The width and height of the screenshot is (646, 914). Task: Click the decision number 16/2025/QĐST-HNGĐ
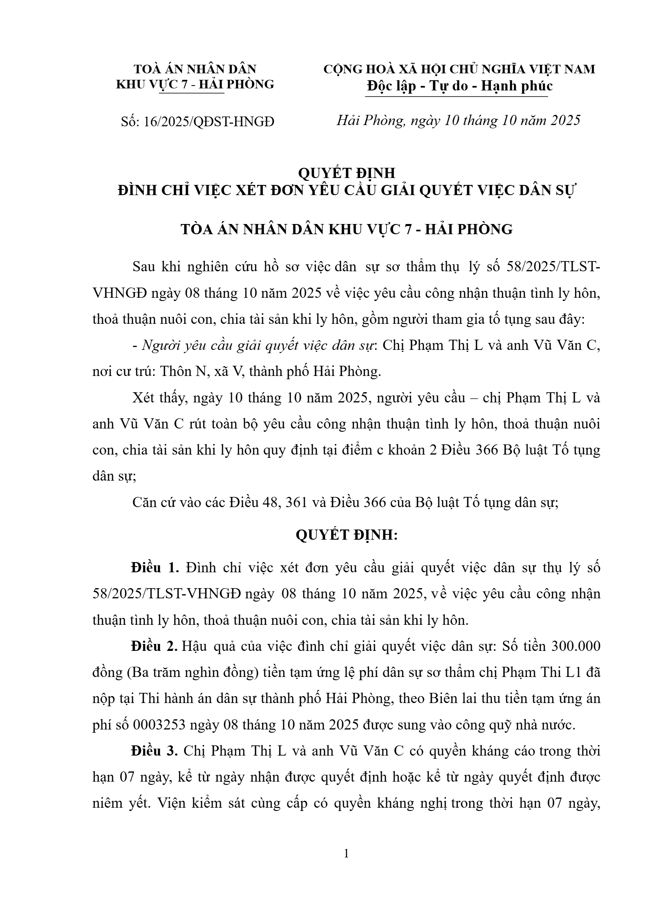coord(198,121)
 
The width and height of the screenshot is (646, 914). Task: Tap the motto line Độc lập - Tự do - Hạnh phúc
coord(459,86)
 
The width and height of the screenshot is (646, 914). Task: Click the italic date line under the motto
coord(458,121)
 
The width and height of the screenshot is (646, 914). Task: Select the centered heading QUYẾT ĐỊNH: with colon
coord(346,535)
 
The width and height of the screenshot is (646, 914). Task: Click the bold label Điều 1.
coord(155,568)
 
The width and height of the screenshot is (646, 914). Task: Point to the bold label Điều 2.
coord(154,646)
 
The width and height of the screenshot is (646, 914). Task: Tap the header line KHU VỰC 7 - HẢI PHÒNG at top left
coord(195,84)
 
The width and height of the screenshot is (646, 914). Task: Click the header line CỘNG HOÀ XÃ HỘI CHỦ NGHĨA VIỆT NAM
coord(459,69)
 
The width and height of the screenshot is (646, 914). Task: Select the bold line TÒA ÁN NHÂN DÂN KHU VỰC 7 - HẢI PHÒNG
coord(347,230)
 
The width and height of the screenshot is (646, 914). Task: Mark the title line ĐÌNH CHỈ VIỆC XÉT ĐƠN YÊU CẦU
coord(346,191)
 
